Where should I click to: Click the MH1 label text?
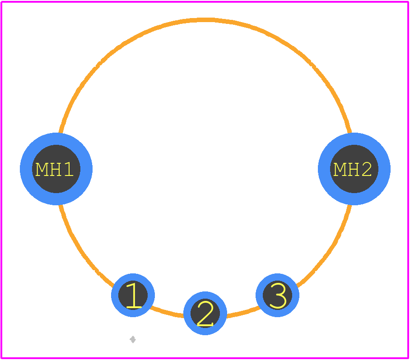coord(54,169)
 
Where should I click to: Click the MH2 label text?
coord(353,169)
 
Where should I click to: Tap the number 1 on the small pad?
coord(134,295)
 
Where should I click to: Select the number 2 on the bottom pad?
coord(205,314)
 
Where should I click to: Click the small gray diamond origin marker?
coord(133,340)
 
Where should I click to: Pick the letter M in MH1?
coord(42,169)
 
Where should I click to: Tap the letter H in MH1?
coord(56,169)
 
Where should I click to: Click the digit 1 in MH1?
coord(69,169)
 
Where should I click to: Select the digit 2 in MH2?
coord(367,169)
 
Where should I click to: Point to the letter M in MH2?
coord(340,169)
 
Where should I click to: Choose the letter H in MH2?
coord(354,169)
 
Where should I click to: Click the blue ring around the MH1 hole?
coord(26,169)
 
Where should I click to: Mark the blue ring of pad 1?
coord(115,295)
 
